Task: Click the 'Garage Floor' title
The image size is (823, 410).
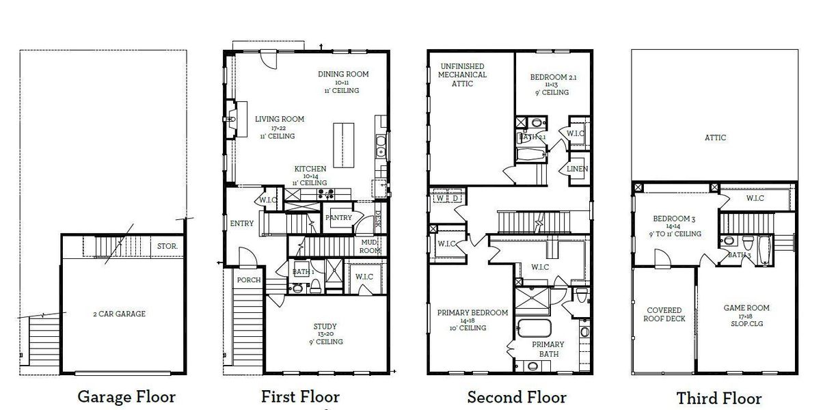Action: (x=126, y=396)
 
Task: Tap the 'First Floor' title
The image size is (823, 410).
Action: (x=300, y=396)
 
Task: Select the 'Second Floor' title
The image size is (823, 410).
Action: (x=516, y=396)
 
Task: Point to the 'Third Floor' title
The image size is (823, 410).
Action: (x=718, y=398)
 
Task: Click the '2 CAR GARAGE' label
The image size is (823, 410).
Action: (x=120, y=314)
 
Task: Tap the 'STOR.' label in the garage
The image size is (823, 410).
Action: (x=167, y=246)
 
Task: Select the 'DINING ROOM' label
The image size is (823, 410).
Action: (x=343, y=74)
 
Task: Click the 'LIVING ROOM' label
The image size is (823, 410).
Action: (x=279, y=119)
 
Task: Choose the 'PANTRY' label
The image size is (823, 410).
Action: (x=339, y=218)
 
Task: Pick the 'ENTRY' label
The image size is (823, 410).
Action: (x=241, y=223)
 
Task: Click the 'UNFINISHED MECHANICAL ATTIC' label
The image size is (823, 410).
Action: (x=462, y=74)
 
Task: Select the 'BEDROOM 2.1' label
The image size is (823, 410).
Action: (x=549, y=77)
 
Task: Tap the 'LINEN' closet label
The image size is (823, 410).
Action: (x=578, y=169)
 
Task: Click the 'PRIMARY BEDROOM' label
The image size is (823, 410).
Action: (x=472, y=313)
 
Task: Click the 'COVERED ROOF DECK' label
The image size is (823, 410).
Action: (x=664, y=314)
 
